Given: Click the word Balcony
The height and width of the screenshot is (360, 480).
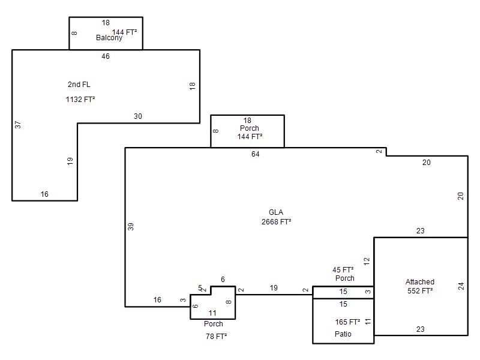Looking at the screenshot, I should coord(109,38).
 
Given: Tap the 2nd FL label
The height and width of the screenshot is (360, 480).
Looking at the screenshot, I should coord(79,85).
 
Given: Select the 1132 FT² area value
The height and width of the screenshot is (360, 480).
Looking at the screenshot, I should coord(80,100).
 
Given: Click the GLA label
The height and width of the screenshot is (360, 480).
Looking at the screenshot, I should coord(276,212).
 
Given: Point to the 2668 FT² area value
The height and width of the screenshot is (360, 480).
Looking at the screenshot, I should coord(276,222).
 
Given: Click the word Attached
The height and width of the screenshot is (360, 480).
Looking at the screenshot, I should coord(420,282).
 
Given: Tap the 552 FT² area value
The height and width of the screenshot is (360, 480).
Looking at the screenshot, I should coord(420,291).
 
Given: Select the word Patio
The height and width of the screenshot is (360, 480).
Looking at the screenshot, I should coord(343,334).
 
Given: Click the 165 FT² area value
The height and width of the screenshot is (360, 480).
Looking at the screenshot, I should coord(347,322).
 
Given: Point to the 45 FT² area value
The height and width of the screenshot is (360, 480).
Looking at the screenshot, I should coord(343,270).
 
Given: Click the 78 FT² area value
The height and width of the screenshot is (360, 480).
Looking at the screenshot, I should coord(216,337).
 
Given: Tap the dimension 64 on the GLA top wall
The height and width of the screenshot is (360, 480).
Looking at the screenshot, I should coord(256,154).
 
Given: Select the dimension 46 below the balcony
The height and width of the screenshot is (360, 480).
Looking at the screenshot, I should coord(106,56).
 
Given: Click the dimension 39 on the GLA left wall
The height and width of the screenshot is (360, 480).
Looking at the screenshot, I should coord(131,227).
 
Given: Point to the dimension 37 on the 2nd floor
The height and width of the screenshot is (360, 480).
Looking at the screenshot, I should coord(18,125).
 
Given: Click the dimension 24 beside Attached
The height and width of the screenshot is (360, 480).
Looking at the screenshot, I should coord(461,286).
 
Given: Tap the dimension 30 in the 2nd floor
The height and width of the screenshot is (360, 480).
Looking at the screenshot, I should coord(138,116).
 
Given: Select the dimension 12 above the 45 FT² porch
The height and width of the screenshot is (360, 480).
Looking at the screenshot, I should coord(367,261).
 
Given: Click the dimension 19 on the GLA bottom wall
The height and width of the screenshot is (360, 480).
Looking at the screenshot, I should coord(274,289).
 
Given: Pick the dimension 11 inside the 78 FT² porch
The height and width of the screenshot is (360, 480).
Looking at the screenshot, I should coord(212,313).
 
